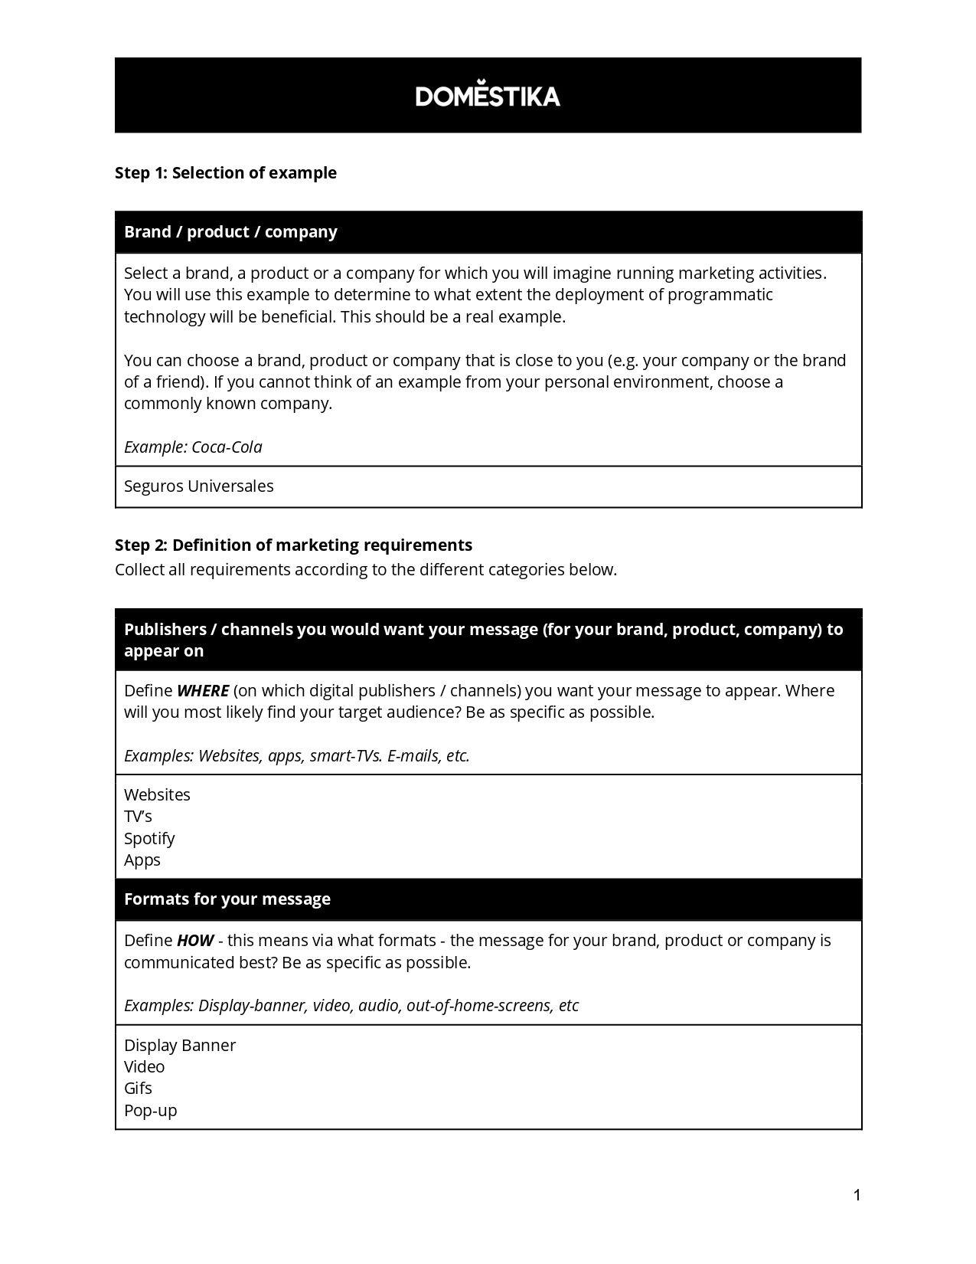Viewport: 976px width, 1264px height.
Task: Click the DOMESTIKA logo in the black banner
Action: click(x=488, y=95)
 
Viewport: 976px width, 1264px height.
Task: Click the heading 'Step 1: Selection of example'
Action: click(x=226, y=173)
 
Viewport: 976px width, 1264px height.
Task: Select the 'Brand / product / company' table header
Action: click(x=230, y=232)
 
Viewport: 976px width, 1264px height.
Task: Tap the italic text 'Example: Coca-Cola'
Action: click(x=193, y=447)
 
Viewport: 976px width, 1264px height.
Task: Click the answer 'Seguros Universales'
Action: click(x=199, y=486)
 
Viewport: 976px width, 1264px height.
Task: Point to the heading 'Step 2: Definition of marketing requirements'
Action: click(x=293, y=545)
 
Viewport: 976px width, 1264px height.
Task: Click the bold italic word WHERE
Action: click(x=203, y=691)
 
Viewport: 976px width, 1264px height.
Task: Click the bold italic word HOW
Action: click(x=194, y=941)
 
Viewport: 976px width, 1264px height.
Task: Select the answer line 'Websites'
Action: click(x=157, y=795)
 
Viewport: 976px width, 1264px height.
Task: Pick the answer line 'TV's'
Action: click(x=139, y=817)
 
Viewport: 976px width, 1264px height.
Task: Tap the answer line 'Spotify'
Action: click(x=149, y=839)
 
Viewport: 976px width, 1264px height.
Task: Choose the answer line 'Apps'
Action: click(x=142, y=860)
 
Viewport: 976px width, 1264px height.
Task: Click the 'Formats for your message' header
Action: click(x=227, y=899)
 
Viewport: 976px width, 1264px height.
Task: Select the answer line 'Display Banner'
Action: click(x=180, y=1046)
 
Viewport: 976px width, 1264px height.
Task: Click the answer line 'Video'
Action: click(x=145, y=1067)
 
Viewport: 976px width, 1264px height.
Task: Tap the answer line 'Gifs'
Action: click(x=138, y=1089)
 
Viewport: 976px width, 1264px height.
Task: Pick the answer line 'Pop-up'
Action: click(x=151, y=1111)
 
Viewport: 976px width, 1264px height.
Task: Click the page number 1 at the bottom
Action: click(x=857, y=1195)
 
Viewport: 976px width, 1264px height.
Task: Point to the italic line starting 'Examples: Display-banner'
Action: click(x=351, y=1006)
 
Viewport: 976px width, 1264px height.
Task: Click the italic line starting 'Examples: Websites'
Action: click(x=297, y=756)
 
